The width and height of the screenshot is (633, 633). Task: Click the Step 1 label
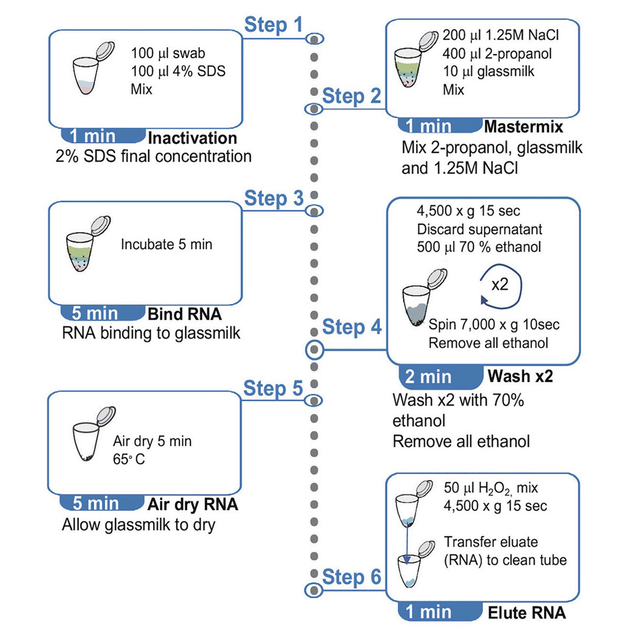pos(274,25)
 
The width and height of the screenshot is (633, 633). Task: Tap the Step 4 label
pos(351,328)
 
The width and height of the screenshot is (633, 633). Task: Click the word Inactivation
pos(192,138)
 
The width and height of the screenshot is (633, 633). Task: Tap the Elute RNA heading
pos(526,614)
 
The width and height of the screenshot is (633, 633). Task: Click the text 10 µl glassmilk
pos(488,71)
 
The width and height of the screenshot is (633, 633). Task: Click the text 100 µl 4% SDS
pos(178,71)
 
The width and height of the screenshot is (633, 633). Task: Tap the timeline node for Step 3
pos(315,210)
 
